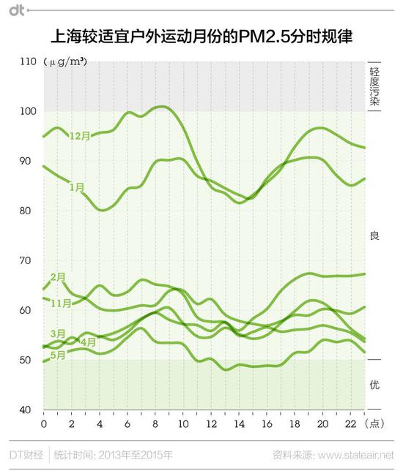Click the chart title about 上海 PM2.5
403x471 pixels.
[x=201, y=35]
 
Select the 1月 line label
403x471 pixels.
[x=77, y=187]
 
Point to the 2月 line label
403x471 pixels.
[x=59, y=276]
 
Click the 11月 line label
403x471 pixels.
[x=60, y=303]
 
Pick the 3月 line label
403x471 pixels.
[x=58, y=334]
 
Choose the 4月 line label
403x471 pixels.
[x=88, y=342]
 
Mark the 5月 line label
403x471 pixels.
[x=58, y=355]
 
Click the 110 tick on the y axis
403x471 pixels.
[x=27, y=62]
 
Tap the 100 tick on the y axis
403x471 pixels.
[x=27, y=111]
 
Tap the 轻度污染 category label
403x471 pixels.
[x=374, y=86]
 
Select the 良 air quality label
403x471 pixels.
[x=374, y=235]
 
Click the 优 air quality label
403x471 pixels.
[x=374, y=385]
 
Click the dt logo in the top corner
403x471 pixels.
[x=16, y=10]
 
